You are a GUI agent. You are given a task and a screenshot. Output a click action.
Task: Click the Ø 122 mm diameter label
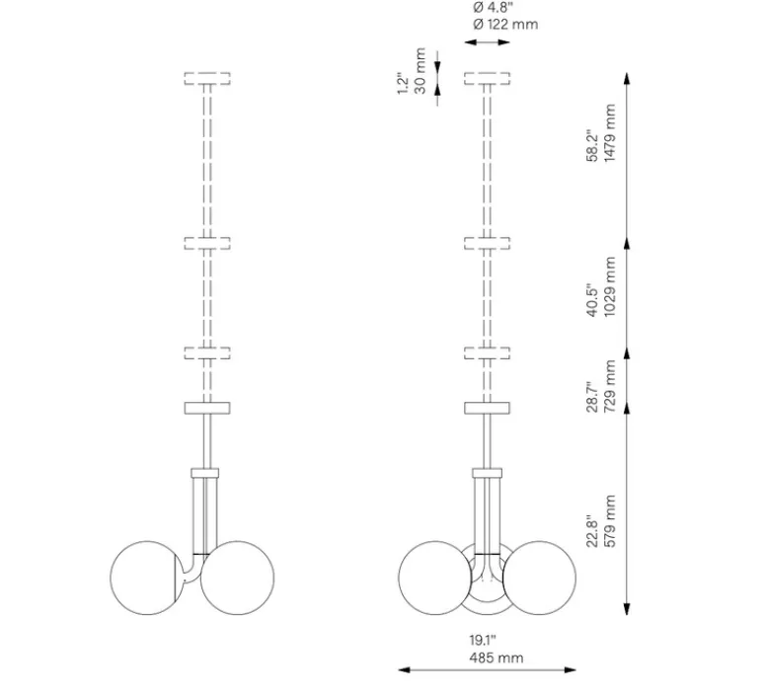point(505,24)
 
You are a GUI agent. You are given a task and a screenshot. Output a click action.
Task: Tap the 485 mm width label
point(496,657)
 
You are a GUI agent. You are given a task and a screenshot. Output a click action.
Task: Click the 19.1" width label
point(484,640)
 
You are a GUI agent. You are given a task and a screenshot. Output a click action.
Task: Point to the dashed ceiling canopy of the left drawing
point(207,78)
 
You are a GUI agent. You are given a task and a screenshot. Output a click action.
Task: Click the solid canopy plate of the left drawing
point(207,407)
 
